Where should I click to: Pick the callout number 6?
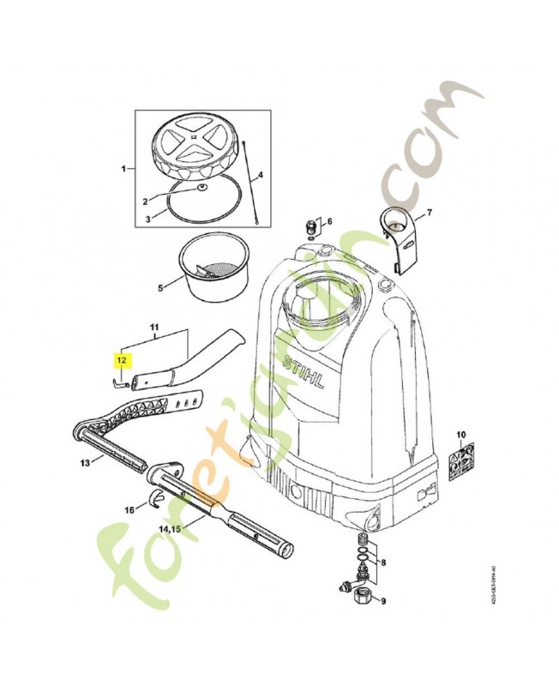point(328,222)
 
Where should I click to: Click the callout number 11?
point(154,328)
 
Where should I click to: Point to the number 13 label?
point(85,463)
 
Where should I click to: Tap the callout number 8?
point(382,564)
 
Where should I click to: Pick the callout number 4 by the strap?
point(261,175)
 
